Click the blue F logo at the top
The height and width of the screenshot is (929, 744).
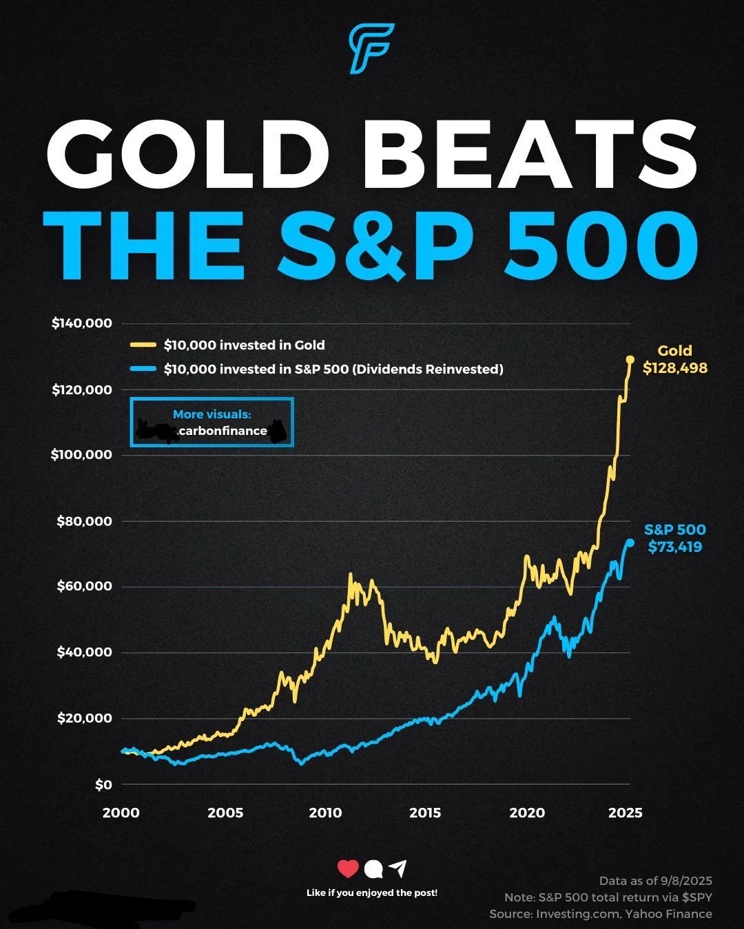click(x=371, y=48)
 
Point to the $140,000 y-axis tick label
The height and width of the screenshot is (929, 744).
click(x=81, y=323)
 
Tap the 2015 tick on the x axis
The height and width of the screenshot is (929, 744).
click(x=425, y=813)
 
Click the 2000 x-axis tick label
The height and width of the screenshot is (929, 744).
click(x=121, y=813)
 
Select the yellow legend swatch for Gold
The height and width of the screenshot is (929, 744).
click(x=143, y=345)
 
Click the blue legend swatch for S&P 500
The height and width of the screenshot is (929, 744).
click(x=143, y=370)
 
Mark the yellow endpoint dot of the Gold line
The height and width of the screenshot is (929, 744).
click(x=630, y=359)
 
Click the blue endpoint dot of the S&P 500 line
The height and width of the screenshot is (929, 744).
click(x=630, y=542)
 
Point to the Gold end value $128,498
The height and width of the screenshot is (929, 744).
click(x=675, y=368)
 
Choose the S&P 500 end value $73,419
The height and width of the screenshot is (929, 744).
click(x=675, y=547)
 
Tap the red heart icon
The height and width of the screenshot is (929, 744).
click(x=348, y=869)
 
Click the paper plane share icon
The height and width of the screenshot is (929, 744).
click(x=397, y=869)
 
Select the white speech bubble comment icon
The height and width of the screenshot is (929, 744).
click(x=373, y=870)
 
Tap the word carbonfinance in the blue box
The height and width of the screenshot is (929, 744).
click(x=222, y=431)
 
